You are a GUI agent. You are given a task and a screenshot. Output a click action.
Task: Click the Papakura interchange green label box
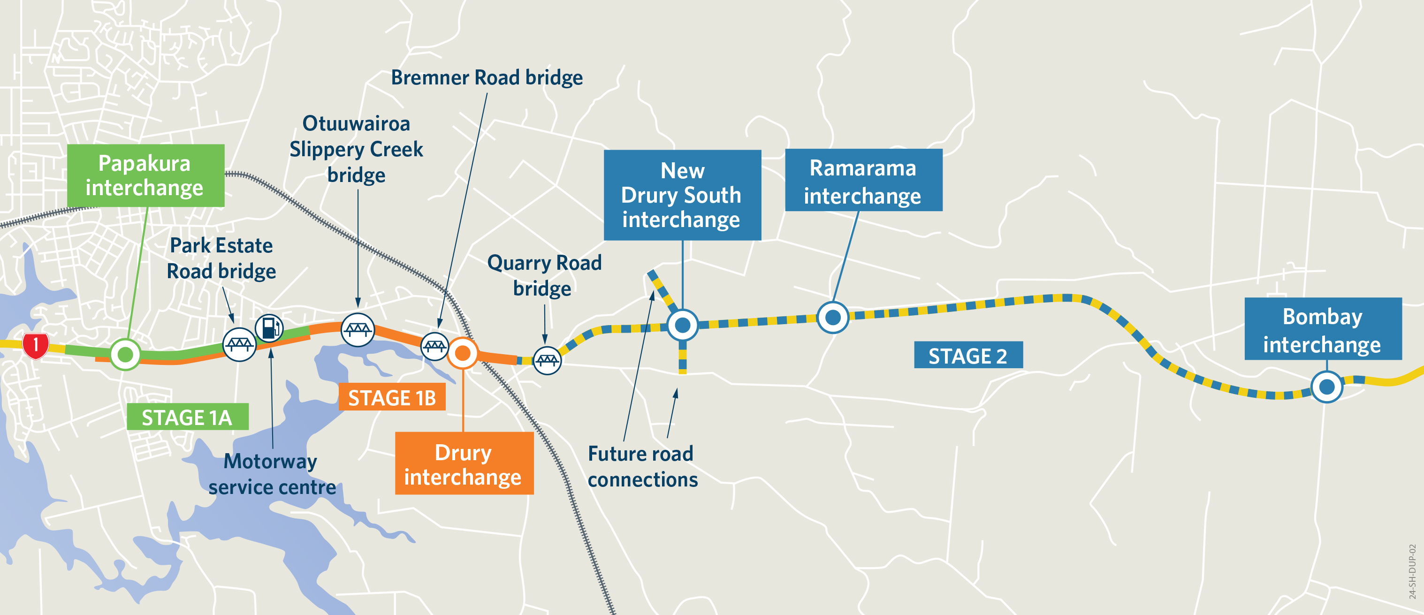(x=145, y=176)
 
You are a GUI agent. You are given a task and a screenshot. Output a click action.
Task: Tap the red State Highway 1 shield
(x=35, y=345)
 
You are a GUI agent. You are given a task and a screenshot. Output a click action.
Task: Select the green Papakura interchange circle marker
(x=125, y=354)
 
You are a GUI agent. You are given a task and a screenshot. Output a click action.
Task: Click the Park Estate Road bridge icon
(x=239, y=345)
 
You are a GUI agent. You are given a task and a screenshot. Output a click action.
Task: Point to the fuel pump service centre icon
(x=269, y=328)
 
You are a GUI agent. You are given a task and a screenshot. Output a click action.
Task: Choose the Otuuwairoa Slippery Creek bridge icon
(x=358, y=330)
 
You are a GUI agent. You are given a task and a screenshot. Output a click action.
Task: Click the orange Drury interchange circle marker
(x=463, y=353)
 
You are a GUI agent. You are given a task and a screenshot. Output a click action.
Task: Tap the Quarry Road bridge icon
(x=547, y=361)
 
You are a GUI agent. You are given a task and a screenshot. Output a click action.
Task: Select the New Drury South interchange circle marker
(x=683, y=325)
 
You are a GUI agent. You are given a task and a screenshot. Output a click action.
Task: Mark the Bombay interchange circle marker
(x=1327, y=387)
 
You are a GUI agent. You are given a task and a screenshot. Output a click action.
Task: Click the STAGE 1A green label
(x=187, y=417)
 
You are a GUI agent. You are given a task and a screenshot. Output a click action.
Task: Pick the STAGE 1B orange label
(x=392, y=397)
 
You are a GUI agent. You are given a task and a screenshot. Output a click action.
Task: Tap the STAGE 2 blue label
(x=968, y=355)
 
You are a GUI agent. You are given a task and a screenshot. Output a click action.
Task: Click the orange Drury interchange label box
(x=464, y=463)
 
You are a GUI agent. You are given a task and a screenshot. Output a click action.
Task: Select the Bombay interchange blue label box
(x=1323, y=329)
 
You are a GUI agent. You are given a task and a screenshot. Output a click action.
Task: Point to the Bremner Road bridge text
(x=487, y=78)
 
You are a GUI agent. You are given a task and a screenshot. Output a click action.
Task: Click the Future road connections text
(x=642, y=466)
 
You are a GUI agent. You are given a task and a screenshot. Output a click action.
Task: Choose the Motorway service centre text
(x=271, y=474)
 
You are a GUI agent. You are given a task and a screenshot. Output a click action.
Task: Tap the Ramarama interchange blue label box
(x=863, y=180)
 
